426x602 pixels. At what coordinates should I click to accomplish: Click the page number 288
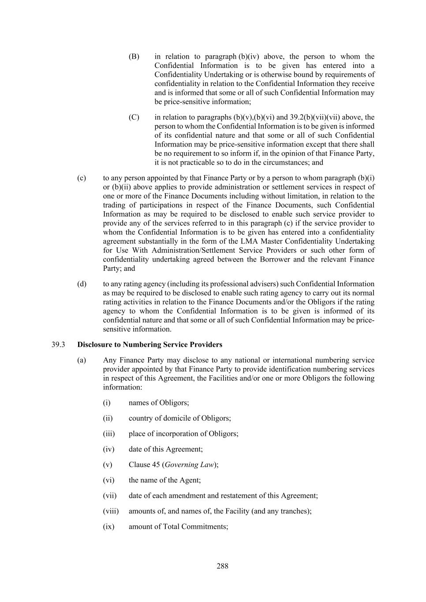click(222, 566)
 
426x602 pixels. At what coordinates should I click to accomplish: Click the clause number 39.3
click(58, 344)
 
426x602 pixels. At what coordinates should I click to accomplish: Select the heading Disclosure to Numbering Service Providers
click(149, 344)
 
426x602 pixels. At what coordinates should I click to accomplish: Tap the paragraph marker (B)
click(134, 56)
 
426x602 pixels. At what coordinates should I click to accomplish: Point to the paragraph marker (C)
click(134, 117)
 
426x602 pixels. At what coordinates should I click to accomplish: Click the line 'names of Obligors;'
click(159, 402)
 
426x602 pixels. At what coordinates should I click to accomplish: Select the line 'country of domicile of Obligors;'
click(179, 418)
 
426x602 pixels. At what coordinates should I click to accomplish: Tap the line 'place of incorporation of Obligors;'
click(183, 434)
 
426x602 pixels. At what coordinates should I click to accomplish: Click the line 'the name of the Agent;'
click(164, 480)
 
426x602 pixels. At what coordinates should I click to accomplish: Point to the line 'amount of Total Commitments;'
click(178, 526)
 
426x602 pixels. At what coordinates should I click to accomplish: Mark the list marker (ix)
click(108, 526)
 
